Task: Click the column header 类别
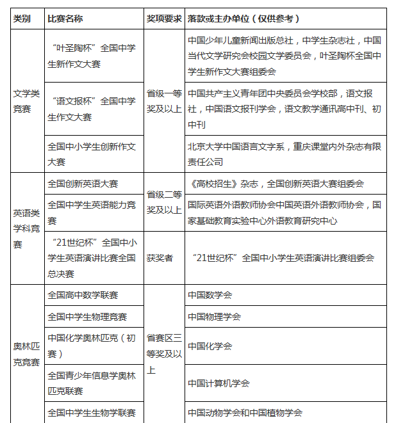[22, 19]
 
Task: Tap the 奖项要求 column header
[163, 19]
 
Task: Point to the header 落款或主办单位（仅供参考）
[243, 19]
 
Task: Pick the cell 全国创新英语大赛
[83, 184]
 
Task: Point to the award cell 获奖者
[160, 258]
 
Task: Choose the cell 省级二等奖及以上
[164, 200]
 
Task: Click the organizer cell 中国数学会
[210, 296]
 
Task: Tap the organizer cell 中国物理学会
[215, 317]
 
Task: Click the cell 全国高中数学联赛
[83, 296]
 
